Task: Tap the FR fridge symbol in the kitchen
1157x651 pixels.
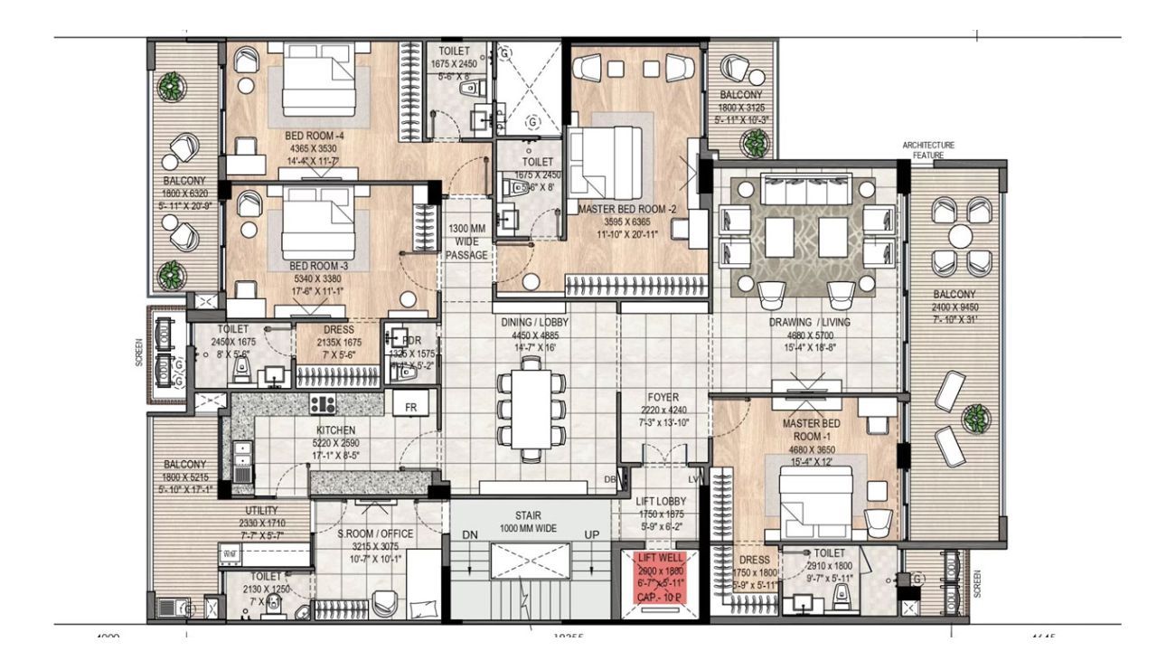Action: (409, 407)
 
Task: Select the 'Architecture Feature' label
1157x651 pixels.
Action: (927, 150)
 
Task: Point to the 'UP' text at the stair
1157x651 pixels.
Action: (592, 535)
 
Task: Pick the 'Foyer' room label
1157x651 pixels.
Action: (663, 397)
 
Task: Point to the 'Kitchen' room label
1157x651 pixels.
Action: (335, 430)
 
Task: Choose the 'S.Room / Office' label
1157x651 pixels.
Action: (375, 533)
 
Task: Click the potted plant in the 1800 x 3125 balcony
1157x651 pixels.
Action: (753, 141)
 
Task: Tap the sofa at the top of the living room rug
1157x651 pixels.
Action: (805, 191)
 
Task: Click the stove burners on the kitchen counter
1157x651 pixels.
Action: (323, 404)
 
